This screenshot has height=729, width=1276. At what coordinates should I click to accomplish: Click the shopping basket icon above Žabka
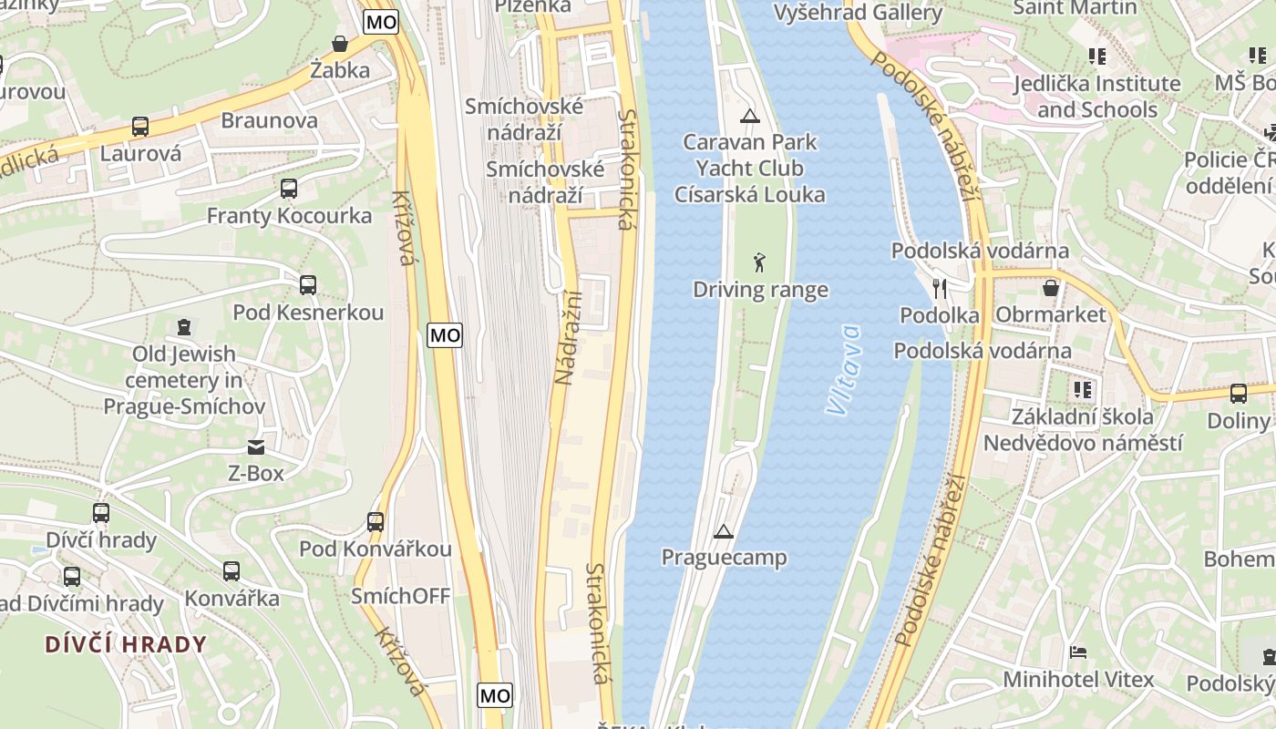(340, 43)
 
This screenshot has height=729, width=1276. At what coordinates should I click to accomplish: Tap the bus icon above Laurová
(140, 127)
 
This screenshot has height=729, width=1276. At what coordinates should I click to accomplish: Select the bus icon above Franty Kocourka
(289, 189)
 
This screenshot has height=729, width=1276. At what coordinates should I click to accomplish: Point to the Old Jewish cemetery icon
(184, 326)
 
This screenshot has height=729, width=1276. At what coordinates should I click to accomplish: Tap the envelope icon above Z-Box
(256, 447)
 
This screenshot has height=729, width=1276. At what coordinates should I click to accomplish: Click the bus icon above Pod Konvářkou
(376, 522)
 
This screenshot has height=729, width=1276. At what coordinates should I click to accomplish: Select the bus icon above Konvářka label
(232, 571)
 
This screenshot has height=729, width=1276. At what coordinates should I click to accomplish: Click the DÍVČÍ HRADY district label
(126, 644)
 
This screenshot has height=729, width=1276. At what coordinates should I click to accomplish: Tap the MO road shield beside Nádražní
(445, 335)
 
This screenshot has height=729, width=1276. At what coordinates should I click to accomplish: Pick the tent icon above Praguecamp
(724, 530)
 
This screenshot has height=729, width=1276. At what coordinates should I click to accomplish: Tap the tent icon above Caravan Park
(749, 116)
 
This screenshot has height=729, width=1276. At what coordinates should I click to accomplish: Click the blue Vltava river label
(844, 369)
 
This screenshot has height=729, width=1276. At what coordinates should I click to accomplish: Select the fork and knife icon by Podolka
(940, 289)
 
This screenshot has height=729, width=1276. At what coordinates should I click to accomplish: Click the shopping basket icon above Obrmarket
(1051, 288)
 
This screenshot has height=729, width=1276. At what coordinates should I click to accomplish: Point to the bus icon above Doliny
(1238, 394)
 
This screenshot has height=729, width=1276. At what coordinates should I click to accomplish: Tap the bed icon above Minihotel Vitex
(1078, 652)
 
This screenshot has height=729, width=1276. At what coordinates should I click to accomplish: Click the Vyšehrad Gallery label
(858, 13)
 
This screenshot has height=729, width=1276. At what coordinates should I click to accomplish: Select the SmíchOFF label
(401, 596)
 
